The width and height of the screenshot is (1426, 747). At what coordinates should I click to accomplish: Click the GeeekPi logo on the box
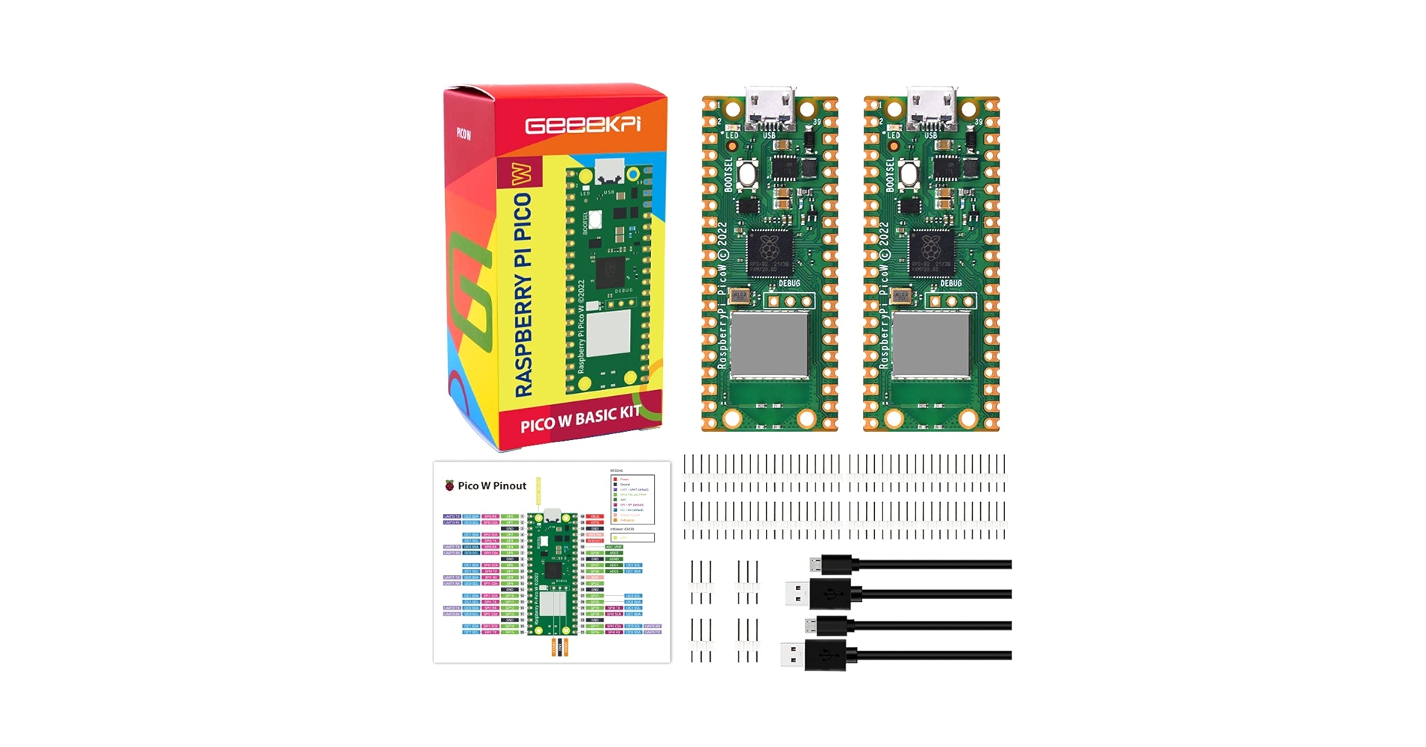[582, 124]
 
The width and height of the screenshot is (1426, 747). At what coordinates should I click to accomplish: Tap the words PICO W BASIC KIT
[580, 419]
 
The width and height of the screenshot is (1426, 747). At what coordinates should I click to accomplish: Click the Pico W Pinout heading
[491, 486]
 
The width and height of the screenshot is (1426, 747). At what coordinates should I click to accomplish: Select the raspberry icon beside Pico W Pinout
[449, 486]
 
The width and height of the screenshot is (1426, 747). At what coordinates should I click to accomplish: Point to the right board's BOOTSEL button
[909, 175]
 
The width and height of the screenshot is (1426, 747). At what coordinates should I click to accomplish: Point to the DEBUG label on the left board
[789, 284]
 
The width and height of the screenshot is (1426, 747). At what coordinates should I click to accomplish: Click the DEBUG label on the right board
[951, 284]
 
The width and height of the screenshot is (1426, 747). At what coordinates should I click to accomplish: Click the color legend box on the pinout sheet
[632, 499]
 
